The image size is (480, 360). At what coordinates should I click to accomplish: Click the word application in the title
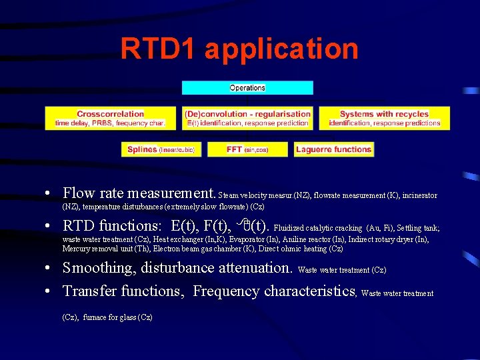[281, 49]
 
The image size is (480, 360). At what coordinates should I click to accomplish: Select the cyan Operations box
[247, 88]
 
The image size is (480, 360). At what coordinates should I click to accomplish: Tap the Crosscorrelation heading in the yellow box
[110, 114]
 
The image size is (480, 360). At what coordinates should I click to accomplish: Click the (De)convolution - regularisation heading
[247, 114]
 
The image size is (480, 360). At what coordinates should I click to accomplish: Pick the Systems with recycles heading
[384, 114]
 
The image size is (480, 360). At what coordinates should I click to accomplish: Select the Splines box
[160, 150]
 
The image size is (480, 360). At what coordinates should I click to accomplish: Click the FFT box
[247, 150]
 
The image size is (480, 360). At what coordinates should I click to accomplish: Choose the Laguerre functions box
[333, 150]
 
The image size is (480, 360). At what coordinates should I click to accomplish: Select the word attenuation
[257, 268]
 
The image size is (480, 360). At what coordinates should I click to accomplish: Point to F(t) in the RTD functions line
[211, 225]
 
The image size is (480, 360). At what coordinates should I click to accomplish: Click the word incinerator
[420, 196]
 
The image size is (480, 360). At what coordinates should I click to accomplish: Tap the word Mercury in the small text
[75, 249]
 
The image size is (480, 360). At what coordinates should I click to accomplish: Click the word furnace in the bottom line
[95, 317]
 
